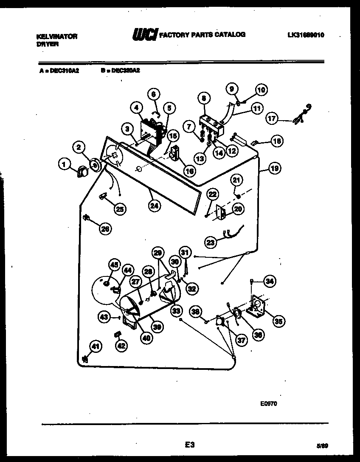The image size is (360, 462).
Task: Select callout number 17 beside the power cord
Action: point(272,118)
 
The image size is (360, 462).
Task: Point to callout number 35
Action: point(278,321)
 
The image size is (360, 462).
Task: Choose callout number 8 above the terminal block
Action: point(204,99)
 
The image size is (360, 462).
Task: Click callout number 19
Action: point(275,168)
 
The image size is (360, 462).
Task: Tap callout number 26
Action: point(105,229)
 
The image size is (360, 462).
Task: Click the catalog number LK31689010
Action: point(306,35)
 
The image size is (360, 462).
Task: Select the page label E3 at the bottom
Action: point(189,445)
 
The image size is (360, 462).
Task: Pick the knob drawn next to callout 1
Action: point(81,171)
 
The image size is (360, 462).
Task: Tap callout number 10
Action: point(261,90)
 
